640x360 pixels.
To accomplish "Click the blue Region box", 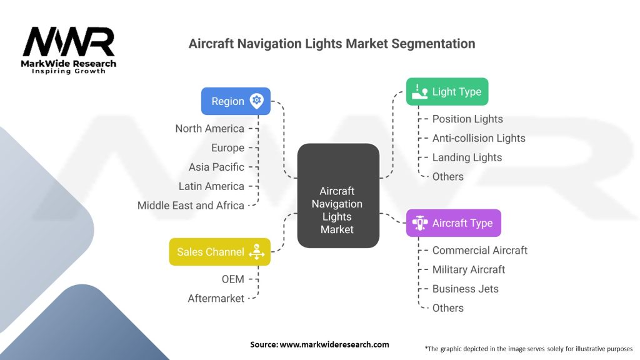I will pyautogui.click(x=236, y=101).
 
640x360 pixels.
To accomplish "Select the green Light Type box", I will pyautogui.click(x=447, y=92).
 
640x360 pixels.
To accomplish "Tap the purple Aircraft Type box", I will pyautogui.click(x=453, y=223).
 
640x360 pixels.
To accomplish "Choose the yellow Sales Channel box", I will pyautogui.click(x=219, y=252).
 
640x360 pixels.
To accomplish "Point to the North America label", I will pyautogui.click(x=209, y=129).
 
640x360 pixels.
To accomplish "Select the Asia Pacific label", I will pyautogui.click(x=216, y=167).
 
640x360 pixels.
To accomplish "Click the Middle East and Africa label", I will pyautogui.click(x=191, y=206).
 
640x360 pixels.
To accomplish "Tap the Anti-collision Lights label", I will pyautogui.click(x=479, y=138).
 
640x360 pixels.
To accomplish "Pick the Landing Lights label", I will pyautogui.click(x=467, y=157).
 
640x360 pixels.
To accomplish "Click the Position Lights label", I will pyautogui.click(x=467, y=119).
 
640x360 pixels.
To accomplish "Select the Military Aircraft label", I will pyautogui.click(x=469, y=269).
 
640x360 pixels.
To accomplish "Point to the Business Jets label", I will pyautogui.click(x=466, y=289).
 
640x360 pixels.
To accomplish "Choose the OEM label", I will pyautogui.click(x=232, y=279).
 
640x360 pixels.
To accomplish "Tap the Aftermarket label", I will pyautogui.click(x=216, y=299).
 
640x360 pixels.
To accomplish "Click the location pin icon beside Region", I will pyautogui.click(x=256, y=101).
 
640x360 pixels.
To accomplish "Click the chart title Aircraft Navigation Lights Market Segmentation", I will pyautogui.click(x=332, y=44).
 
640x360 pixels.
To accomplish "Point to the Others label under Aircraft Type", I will pyautogui.click(x=447, y=308).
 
